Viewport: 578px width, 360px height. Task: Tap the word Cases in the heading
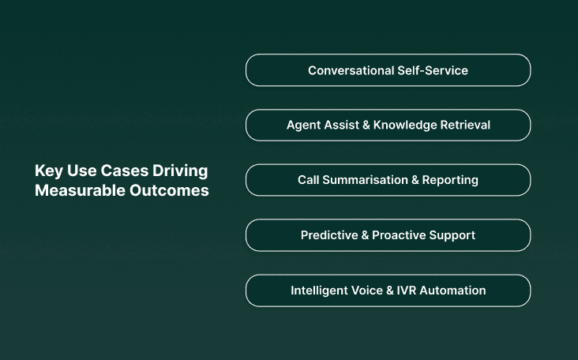point(121,171)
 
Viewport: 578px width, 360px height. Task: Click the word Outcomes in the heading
point(170,191)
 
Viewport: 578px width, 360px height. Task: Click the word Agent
point(303,125)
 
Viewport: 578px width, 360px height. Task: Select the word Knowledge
point(403,125)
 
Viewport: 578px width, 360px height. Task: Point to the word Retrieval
point(463,125)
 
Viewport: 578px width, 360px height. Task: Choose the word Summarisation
point(364,180)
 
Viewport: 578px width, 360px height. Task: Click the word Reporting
point(451,180)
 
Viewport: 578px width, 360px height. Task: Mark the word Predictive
point(328,235)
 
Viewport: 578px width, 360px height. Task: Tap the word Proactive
point(399,235)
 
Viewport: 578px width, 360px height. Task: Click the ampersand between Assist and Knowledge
point(364,125)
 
